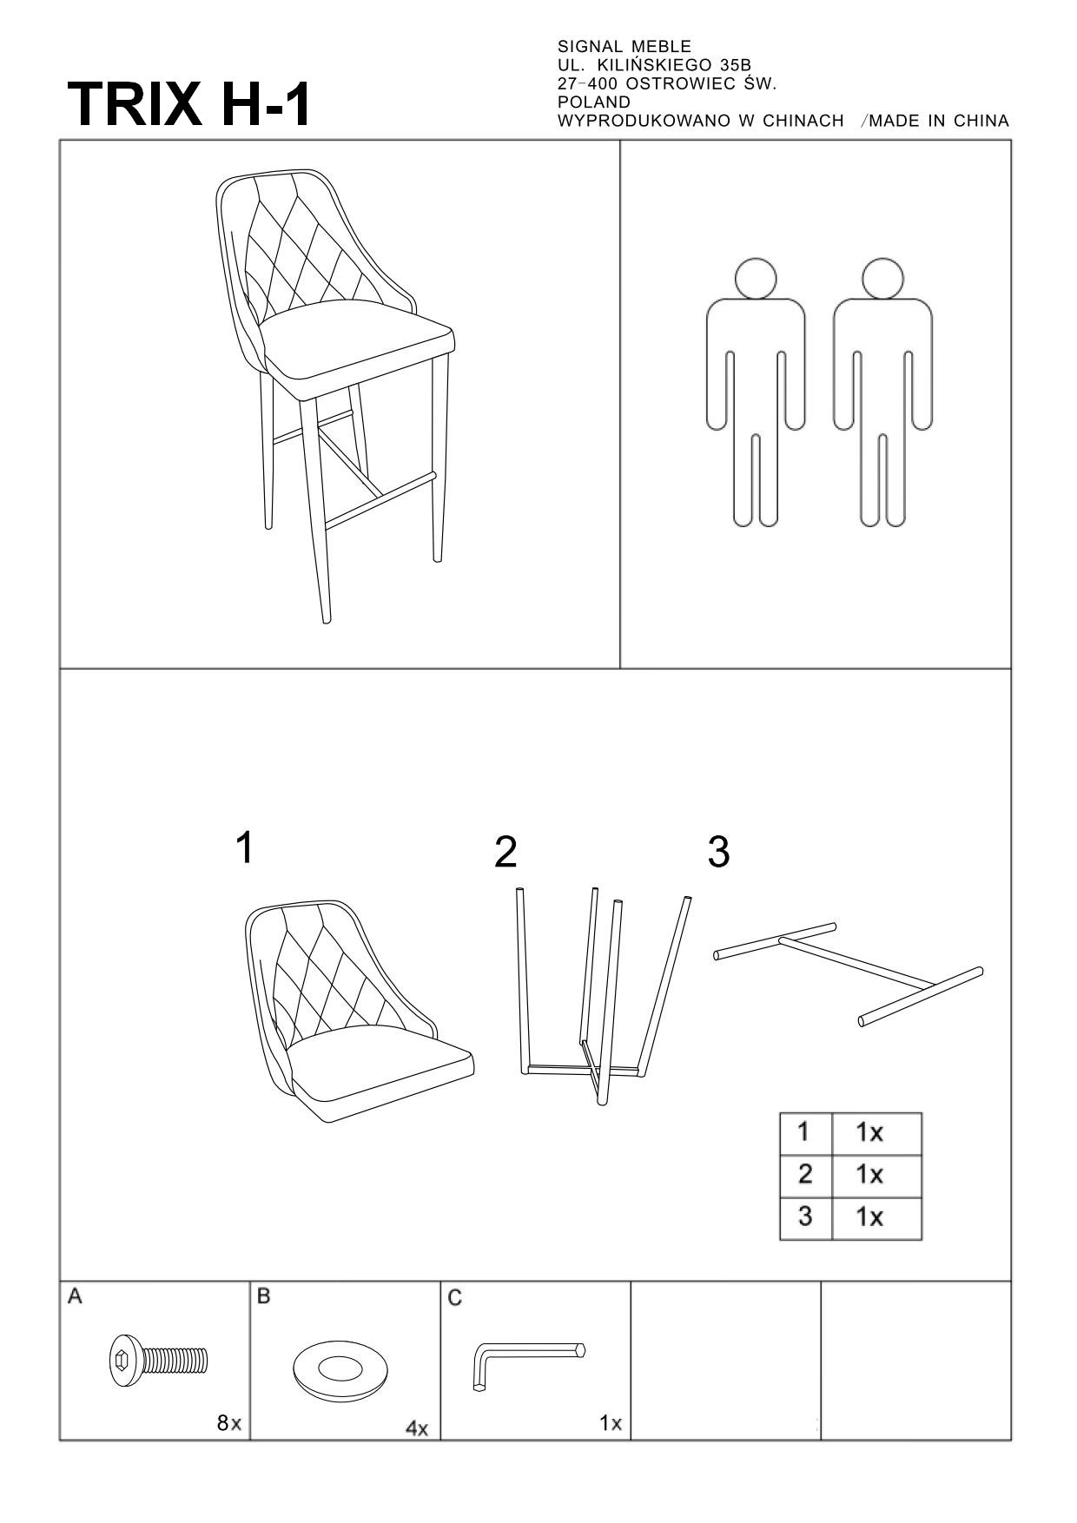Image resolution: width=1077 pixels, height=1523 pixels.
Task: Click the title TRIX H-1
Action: point(188,104)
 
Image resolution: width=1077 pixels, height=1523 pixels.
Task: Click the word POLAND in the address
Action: point(594,102)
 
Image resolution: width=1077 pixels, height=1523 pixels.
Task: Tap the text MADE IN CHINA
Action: point(939,121)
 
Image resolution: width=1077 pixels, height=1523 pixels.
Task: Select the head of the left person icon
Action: point(755,278)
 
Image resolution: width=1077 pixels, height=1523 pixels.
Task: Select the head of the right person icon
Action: point(882,278)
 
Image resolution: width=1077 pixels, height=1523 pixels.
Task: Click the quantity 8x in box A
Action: point(228,1423)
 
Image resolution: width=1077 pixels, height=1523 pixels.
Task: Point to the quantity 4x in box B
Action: point(417,1427)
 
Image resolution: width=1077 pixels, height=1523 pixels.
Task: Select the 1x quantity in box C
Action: point(611,1423)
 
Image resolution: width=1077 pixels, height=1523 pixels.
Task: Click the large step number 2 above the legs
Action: point(505,853)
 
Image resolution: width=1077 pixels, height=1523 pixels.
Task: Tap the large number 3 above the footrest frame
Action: point(718,853)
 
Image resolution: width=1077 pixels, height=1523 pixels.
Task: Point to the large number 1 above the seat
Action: point(245,847)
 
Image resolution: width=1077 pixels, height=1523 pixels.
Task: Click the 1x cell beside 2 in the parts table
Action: point(876,1176)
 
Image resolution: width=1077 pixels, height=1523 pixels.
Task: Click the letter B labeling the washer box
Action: point(264,1296)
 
